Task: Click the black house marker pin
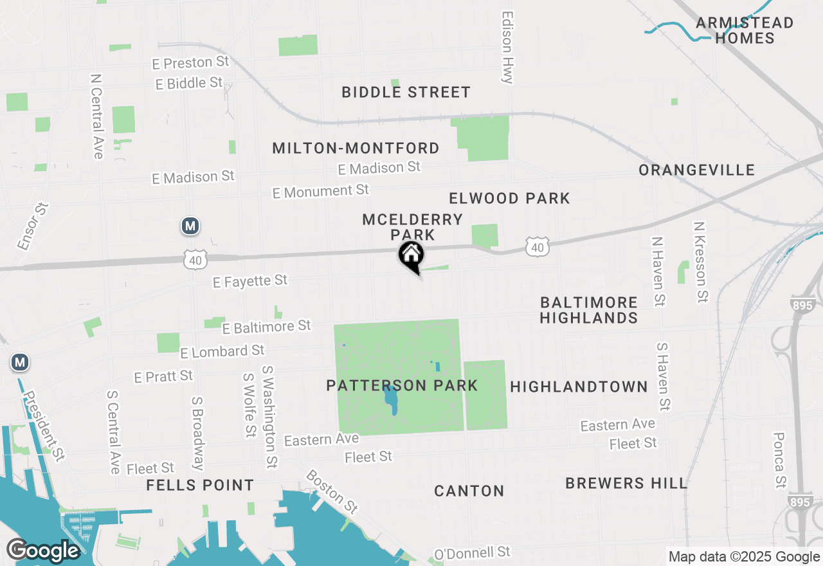[x=411, y=256]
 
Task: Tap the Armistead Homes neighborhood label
[x=745, y=30]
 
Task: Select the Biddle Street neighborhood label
[x=406, y=92]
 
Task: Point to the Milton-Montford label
[x=356, y=148]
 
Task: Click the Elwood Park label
[x=509, y=198]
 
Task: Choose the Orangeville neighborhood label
[x=696, y=170]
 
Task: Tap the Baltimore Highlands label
[x=588, y=310]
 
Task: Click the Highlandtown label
[x=579, y=387]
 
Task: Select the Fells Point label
[x=200, y=485]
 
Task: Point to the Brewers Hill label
[x=626, y=483]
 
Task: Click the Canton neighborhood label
[x=469, y=491]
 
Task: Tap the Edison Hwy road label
[x=508, y=47]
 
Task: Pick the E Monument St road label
[x=320, y=191]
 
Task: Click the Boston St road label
[x=332, y=491]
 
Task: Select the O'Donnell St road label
[x=472, y=552]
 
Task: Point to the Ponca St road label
[x=779, y=459]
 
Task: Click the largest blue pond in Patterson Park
[x=390, y=400]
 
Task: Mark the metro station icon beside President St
[x=20, y=363]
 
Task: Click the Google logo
[x=43, y=551]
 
